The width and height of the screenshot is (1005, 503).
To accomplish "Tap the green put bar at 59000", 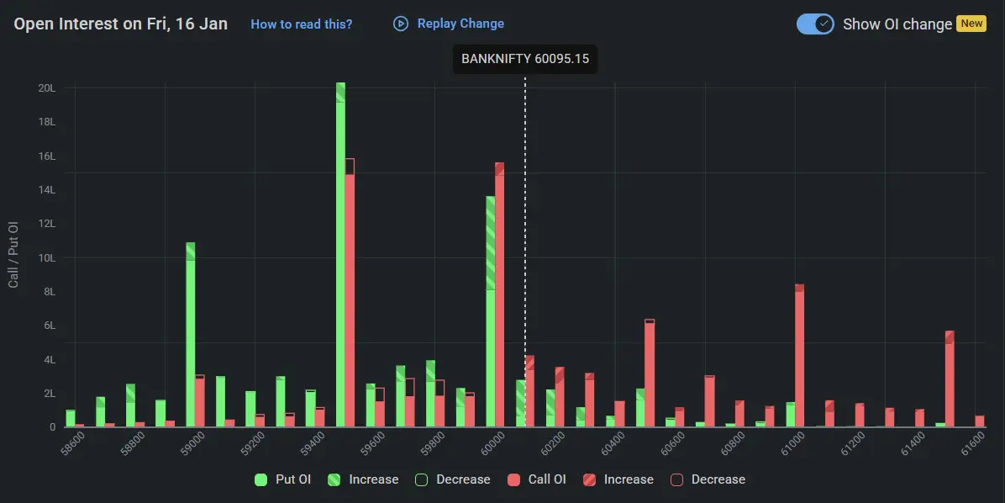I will pos(191,336).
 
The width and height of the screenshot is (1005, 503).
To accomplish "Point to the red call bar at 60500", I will pos(650,374).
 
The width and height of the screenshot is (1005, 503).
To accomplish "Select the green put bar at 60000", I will pos(491,320).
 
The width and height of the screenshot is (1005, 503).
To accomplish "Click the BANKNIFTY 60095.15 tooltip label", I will pos(525,60).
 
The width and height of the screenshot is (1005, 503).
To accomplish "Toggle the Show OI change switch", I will pos(815,24).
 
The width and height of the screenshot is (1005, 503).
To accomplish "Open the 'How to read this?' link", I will pos(302,24).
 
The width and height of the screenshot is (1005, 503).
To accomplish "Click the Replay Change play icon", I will pos(401,24).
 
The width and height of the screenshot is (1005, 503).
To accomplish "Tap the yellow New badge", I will pos(971,24).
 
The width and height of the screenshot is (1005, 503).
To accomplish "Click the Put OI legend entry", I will pos(282,479).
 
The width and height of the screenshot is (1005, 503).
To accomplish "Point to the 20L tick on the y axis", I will pos(47,88).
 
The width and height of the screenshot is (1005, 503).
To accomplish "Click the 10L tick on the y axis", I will pos(47,258).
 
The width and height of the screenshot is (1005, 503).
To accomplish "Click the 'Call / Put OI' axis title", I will pos(13,255).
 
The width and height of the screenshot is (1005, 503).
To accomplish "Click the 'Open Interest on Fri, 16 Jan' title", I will pos(121,24).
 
